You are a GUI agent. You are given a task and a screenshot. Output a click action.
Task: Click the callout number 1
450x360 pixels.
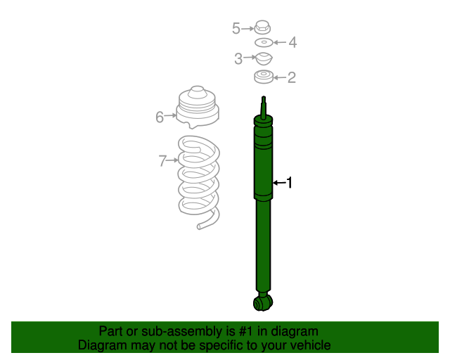[x=288, y=183]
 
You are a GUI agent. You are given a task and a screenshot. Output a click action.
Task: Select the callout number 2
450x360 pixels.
[x=291, y=78]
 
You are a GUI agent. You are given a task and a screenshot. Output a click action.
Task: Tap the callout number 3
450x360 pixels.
[x=238, y=59]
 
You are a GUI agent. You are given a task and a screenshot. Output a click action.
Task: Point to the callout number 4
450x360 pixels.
[x=292, y=43]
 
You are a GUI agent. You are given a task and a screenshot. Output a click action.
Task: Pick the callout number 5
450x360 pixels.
[x=236, y=28]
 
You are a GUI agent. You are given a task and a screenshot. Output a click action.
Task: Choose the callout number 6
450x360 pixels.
[x=160, y=117]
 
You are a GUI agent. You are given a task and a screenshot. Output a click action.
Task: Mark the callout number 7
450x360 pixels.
[x=162, y=161]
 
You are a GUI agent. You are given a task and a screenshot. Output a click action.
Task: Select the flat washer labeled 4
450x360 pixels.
[x=264, y=43]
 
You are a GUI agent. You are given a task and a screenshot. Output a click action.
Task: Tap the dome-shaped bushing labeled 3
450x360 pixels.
[x=263, y=59]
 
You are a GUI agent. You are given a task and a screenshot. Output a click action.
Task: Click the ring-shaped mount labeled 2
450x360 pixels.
[x=264, y=77]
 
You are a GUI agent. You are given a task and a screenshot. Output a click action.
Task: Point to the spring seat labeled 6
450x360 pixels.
[x=197, y=108]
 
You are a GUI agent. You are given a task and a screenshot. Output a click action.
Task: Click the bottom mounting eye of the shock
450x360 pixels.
[x=262, y=303]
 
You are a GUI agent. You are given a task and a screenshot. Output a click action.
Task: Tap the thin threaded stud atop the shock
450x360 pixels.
[x=264, y=105]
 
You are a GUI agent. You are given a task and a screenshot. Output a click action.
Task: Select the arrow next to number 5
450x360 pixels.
[x=247, y=28]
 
